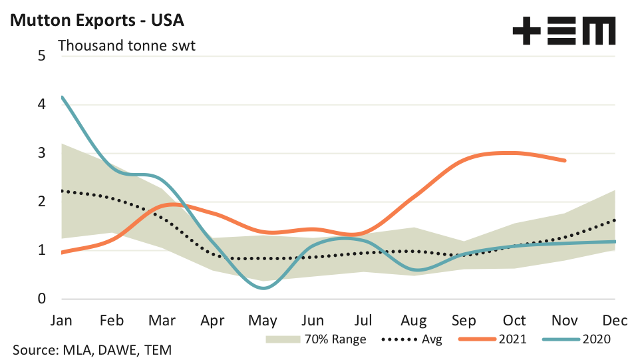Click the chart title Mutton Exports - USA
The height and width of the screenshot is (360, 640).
point(96,21)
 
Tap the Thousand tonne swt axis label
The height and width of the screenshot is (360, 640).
point(126,46)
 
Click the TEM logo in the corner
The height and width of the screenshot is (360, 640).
point(563,31)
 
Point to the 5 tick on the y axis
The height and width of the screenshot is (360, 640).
point(41,55)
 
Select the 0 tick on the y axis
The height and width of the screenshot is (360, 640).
point(41,299)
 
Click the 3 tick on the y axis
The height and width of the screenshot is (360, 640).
point(41,153)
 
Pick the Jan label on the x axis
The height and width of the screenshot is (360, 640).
point(62,321)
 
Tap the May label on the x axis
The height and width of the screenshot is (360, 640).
point(263,321)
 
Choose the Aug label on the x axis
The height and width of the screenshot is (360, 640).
point(414,321)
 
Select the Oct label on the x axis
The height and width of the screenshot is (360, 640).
point(514,321)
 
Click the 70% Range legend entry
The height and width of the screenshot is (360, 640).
point(315,339)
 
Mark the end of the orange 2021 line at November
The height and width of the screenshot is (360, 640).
point(565,160)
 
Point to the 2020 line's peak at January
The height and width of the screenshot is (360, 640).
point(62,97)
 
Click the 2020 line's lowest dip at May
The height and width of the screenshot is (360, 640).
point(264,288)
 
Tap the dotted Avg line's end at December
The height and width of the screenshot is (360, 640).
point(614,220)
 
